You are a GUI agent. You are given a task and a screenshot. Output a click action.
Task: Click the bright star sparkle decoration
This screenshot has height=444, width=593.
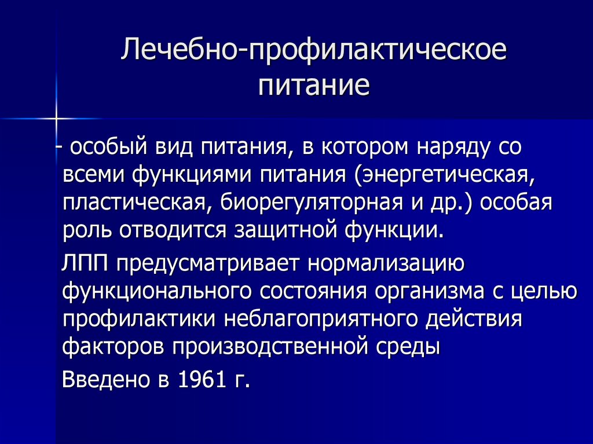tap(56, 119)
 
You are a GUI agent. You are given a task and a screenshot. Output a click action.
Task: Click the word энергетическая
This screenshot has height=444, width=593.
tap(442, 175)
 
